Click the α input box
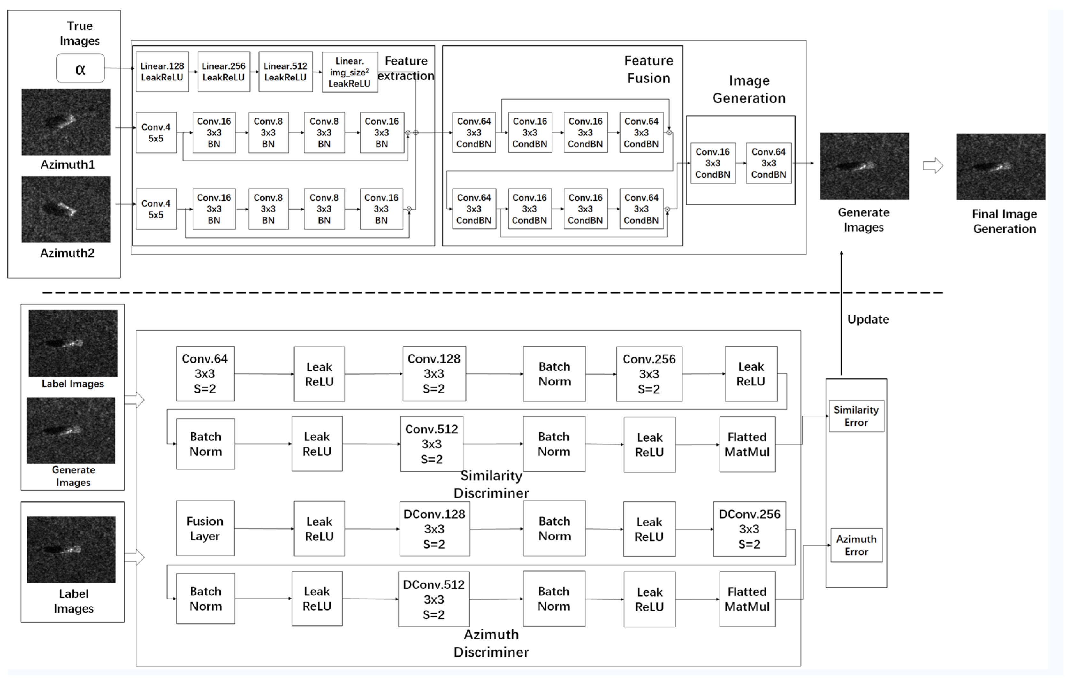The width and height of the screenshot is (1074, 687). pos(80,68)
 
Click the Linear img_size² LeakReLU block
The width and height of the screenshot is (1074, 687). pos(350,72)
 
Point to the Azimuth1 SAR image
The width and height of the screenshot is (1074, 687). pos(66,122)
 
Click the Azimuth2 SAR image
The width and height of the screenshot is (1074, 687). pos(66,209)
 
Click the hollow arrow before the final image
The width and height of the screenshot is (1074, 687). pos(933,166)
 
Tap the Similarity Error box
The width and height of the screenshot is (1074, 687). pos(856,416)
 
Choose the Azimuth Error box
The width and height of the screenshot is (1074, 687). pos(856,545)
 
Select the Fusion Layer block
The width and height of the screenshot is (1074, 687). pos(205,529)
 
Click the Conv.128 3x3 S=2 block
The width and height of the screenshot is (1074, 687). pos(434,374)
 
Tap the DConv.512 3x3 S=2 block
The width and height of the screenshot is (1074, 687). pos(433,599)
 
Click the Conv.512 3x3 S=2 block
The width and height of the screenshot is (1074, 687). pos(431,444)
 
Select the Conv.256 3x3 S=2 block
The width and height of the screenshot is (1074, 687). pos(649,374)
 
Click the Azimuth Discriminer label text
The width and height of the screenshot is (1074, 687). pos(491,643)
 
